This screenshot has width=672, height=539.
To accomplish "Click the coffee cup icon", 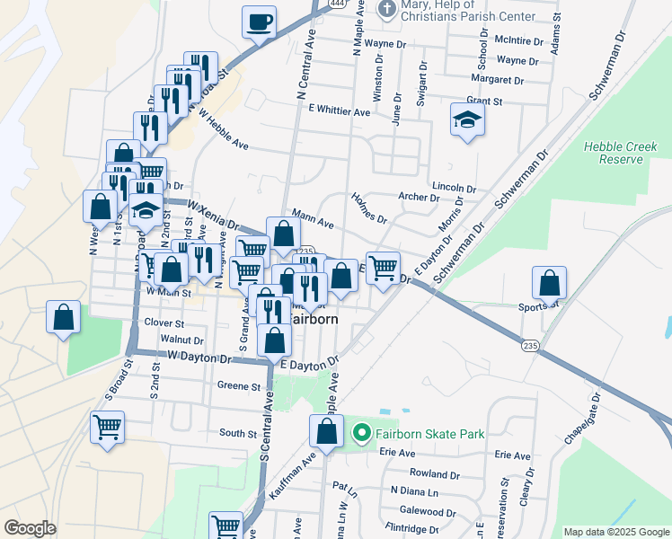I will [x=259, y=22].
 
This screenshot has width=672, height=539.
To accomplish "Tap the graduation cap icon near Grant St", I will [x=466, y=120].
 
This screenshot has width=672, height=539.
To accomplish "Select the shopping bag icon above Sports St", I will [x=549, y=283].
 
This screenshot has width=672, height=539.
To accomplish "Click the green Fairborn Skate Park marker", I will [x=361, y=434].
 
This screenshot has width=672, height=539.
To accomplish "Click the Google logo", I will [x=30, y=528].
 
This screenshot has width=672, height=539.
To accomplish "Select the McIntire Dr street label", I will [x=520, y=41].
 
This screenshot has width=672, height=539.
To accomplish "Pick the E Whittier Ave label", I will [x=339, y=111].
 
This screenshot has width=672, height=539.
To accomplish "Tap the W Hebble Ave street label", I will [x=223, y=130].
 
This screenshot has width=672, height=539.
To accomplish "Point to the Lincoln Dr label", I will [x=454, y=188].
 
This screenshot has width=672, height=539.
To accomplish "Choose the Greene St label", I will [x=238, y=387].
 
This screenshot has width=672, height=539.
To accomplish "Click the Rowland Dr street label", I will [x=435, y=473].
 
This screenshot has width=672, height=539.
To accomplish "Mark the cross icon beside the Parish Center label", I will [x=386, y=9].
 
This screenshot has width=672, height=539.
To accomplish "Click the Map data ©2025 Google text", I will [x=615, y=532].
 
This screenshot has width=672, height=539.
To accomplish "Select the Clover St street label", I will [x=164, y=323].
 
